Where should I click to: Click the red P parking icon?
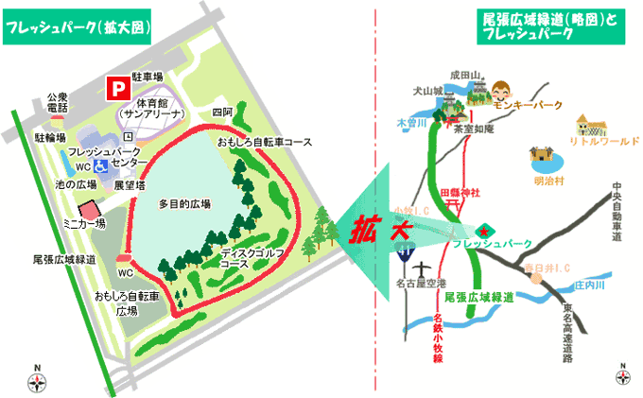click(x=118, y=88)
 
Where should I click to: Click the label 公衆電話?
click(x=59, y=101)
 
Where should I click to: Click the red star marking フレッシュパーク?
click(x=485, y=230)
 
